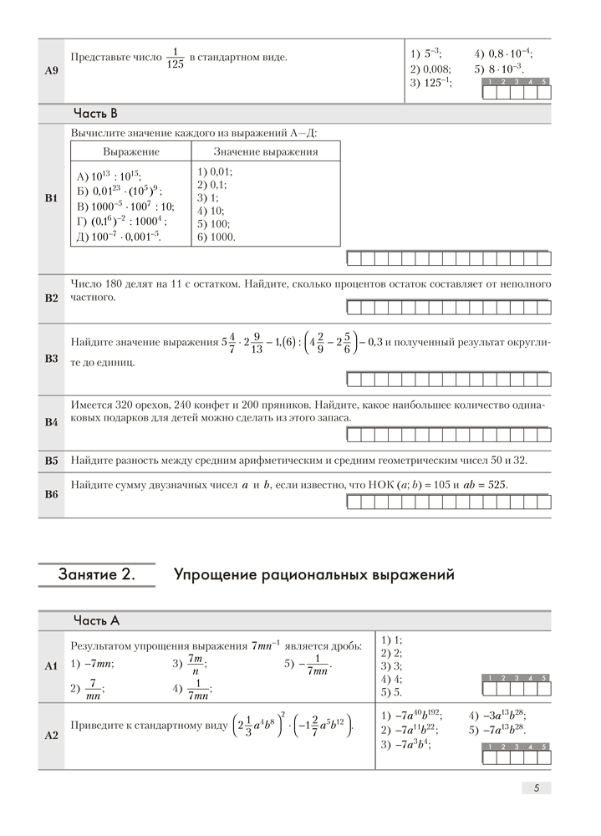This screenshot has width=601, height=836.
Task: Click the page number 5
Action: [x=536, y=788]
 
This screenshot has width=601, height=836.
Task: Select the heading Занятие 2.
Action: [x=96, y=575]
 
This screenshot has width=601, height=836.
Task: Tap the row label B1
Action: [x=50, y=199]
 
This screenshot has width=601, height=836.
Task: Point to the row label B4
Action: [x=50, y=422]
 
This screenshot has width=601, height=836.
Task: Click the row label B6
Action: [x=50, y=494]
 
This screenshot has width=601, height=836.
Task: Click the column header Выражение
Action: [x=131, y=152]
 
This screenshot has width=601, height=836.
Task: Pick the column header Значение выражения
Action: [x=265, y=152]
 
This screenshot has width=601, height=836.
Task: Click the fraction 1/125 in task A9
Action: [x=175, y=58]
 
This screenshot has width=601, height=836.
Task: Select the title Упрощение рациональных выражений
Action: [x=313, y=575]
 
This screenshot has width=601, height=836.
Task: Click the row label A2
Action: [x=50, y=736]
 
